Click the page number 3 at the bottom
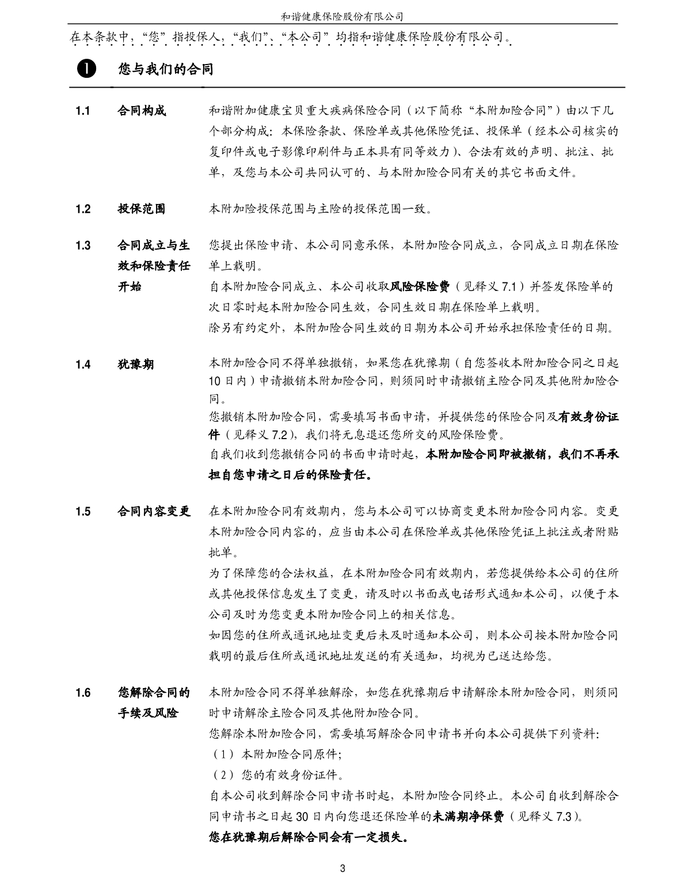tap(342, 868)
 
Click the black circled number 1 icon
tap(84, 70)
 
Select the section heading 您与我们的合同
tap(166, 70)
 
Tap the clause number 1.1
tap(83, 111)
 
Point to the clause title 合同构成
tap(142, 111)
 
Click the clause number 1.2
tap(83, 209)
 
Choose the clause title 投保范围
tap(142, 209)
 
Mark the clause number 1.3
tap(83, 245)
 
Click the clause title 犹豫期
tap(136, 364)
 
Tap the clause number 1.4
tap(83, 364)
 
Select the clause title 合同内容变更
tap(154, 511)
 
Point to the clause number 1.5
tap(83, 511)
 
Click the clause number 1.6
tap(83, 693)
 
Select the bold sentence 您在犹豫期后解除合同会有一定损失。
tap(309, 837)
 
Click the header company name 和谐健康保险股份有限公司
tap(342, 16)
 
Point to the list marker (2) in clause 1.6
tap(222, 775)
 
